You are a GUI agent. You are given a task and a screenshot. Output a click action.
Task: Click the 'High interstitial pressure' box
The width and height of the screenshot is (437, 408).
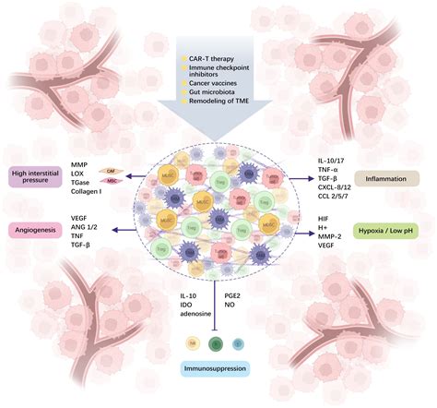(34, 176)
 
